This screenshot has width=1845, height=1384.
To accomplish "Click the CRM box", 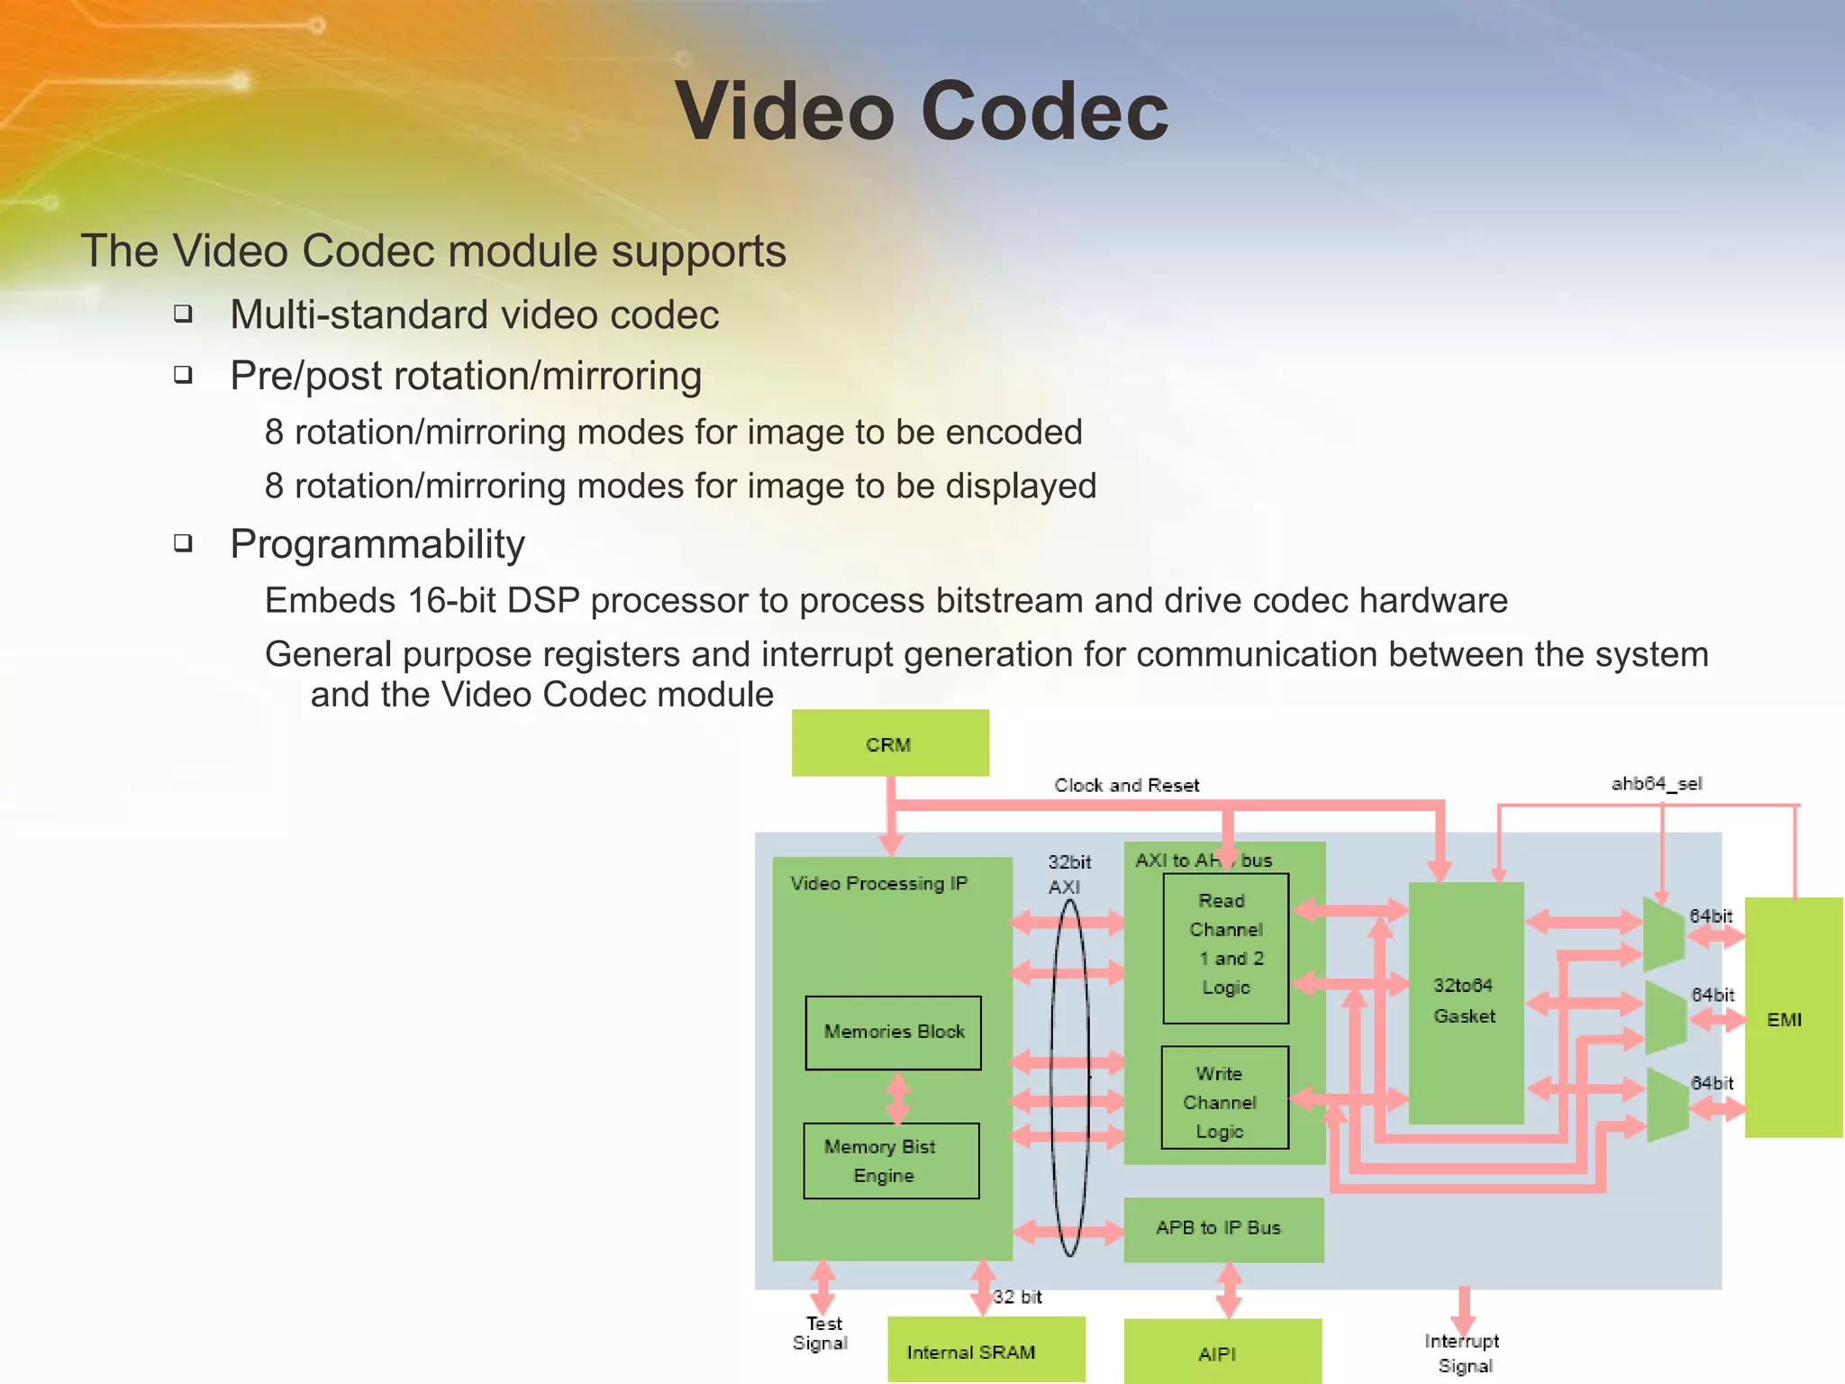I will [x=889, y=743].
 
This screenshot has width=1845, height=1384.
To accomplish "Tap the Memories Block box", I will [x=893, y=1033].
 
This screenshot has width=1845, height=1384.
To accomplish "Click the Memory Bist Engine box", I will [x=890, y=1161].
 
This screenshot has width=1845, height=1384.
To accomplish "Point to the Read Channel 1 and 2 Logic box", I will [x=1225, y=946].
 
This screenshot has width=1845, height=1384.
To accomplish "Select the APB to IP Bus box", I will [x=1222, y=1229].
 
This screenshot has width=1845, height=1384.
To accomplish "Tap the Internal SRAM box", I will [x=985, y=1350].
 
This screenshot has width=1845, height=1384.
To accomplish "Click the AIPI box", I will [x=1222, y=1352].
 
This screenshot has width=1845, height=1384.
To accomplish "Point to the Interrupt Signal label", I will [x=1463, y=1353].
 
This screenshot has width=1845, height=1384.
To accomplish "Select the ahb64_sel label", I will [x=1656, y=784].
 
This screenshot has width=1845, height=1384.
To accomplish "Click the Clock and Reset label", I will [x=1126, y=786].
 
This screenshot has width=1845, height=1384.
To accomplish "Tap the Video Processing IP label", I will [x=878, y=884].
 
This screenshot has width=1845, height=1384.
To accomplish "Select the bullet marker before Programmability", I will [x=184, y=543].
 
